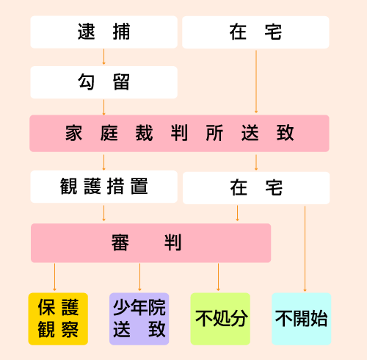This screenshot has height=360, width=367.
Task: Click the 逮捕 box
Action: pyautogui.click(x=103, y=32)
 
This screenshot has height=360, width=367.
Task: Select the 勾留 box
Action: pyautogui.click(x=103, y=82)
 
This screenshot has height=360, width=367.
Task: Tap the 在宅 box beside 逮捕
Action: pyautogui.click(x=255, y=32)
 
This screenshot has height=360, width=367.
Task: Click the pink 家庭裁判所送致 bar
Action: pyautogui.click(x=179, y=134)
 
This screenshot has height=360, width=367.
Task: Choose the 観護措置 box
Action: pyautogui.click(x=103, y=187)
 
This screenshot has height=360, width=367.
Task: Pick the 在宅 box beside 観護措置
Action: pyautogui.click(x=256, y=188)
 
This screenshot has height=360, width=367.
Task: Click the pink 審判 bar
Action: pyautogui.click(x=150, y=243)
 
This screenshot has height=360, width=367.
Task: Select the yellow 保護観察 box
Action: pyautogui.click(x=58, y=319)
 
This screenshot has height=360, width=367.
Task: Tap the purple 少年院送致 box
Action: pyautogui.click(x=139, y=319)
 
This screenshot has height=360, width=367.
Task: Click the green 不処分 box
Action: pyautogui.click(x=220, y=319)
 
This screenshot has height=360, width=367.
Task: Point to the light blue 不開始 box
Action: pyautogui.click(x=302, y=319)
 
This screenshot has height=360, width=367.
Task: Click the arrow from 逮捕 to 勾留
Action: pyautogui.click(x=103, y=57)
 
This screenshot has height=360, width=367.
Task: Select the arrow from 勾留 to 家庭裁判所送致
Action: pyautogui.click(x=103, y=107)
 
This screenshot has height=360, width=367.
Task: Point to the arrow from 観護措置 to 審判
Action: pyautogui.click(x=103, y=213)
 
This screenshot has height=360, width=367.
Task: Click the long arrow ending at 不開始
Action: pyautogui.click(x=305, y=249)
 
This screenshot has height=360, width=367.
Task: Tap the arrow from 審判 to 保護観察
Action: pyautogui.click(x=54, y=277)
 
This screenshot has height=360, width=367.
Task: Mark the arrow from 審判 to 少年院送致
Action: pyautogui.click(x=139, y=277)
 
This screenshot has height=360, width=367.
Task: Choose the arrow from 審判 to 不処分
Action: pyautogui.click(x=218, y=277)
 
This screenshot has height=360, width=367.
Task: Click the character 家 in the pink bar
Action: pyautogui.click(x=73, y=133)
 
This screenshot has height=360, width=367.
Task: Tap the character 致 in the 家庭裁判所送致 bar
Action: pyautogui.click(x=285, y=133)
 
